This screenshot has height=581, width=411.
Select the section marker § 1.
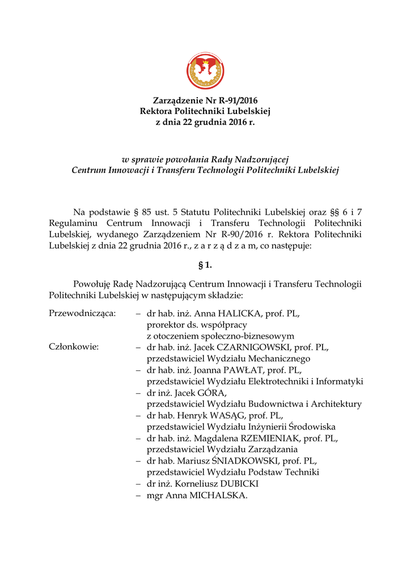(x=205, y=266)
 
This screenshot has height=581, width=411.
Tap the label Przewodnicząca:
(x=83, y=313)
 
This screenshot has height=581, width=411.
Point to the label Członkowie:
(x=74, y=347)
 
